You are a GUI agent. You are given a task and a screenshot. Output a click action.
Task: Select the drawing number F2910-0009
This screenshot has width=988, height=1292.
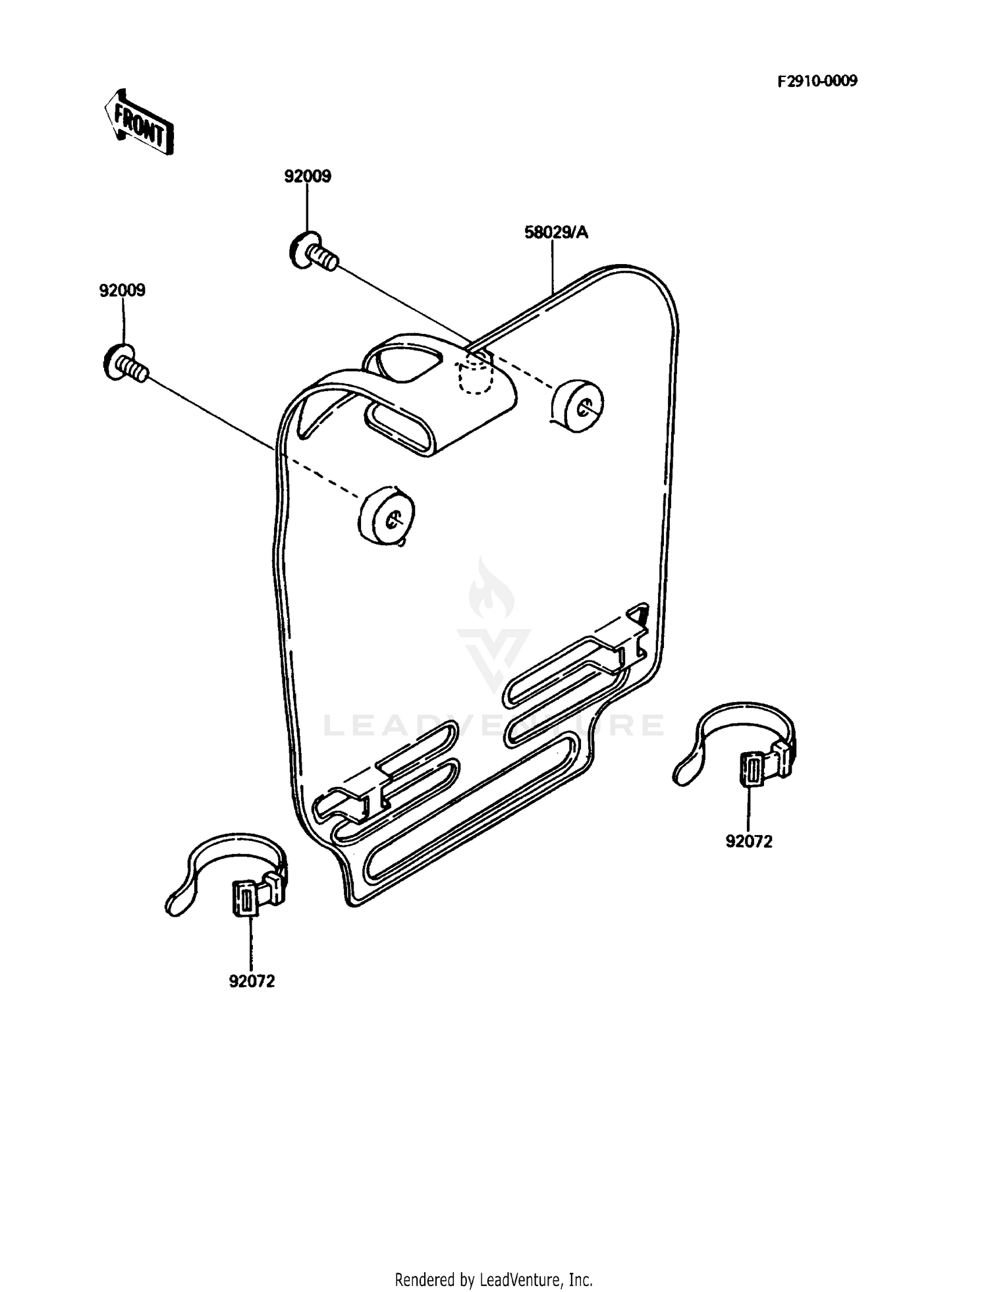[817, 81]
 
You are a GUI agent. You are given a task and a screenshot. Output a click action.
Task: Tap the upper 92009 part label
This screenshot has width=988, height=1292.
[308, 176]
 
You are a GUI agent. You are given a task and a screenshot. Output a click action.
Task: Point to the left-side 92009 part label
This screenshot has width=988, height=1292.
[123, 290]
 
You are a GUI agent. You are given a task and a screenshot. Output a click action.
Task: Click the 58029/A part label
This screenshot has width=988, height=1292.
[556, 232]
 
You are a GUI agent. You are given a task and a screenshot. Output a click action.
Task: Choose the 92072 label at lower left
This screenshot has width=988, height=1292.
[252, 981]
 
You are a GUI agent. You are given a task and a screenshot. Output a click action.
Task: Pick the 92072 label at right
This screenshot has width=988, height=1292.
[749, 841]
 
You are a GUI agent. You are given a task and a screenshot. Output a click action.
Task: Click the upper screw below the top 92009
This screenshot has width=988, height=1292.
[314, 251]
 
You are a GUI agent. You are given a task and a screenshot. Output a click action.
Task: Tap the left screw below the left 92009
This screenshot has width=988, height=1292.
[126, 363]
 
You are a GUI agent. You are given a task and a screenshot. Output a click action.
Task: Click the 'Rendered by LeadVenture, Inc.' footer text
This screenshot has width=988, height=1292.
[493, 1262]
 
